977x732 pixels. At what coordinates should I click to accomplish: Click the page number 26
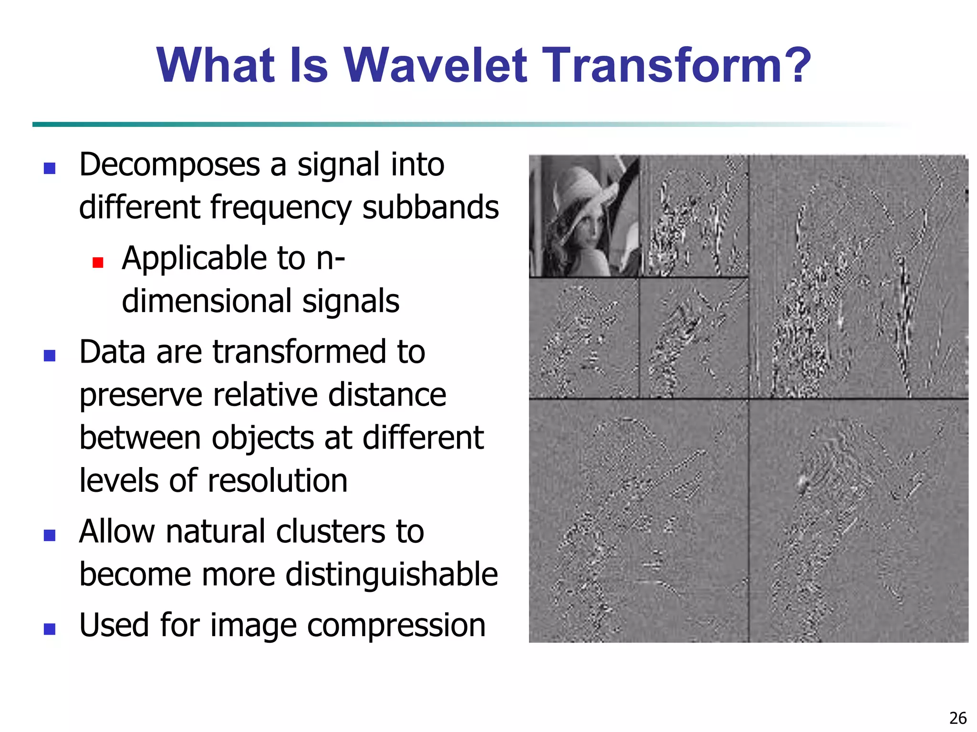click(957, 718)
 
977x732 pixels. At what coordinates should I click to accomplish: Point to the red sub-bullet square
click(98, 263)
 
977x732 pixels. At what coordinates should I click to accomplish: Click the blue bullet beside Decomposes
click(50, 168)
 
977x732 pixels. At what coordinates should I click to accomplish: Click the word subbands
click(430, 208)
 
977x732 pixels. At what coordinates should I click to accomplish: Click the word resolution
click(277, 480)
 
